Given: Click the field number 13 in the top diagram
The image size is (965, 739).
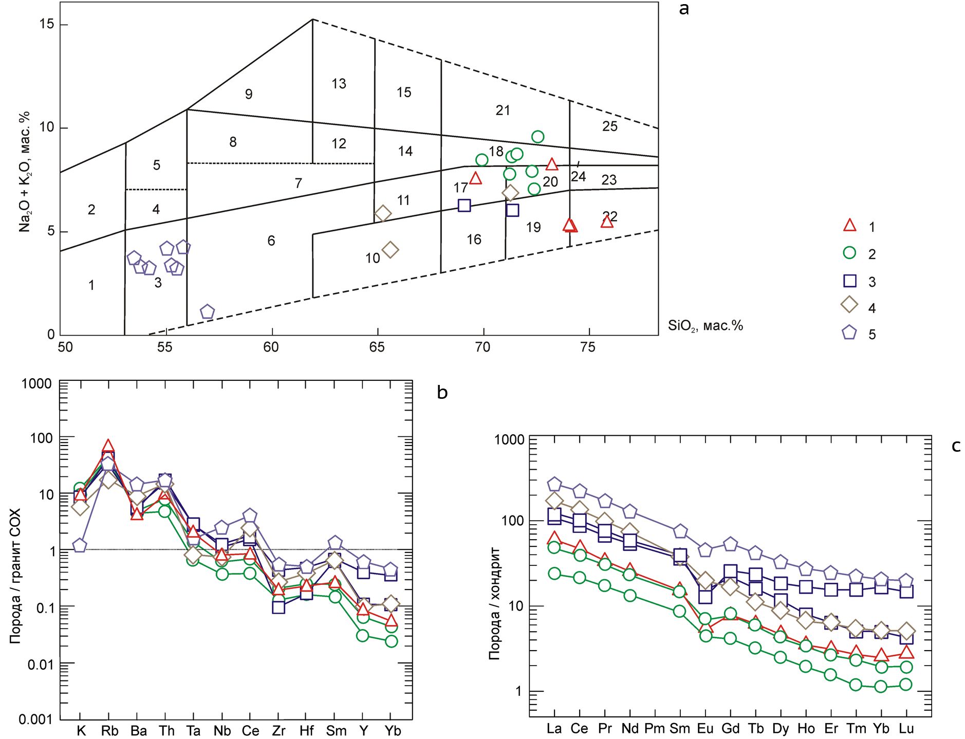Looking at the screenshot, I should (x=339, y=84).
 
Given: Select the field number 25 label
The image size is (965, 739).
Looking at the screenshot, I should (x=610, y=126).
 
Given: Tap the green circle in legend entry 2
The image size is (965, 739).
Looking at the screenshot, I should (x=849, y=253).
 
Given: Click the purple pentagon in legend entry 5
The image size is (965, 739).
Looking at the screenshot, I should (x=849, y=332).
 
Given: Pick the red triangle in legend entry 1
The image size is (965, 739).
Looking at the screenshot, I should (x=850, y=226).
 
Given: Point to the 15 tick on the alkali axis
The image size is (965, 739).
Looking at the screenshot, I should (x=47, y=24).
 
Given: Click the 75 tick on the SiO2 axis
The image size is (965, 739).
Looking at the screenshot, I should (x=588, y=347).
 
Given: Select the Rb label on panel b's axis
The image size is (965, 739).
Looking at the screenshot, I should (x=109, y=730).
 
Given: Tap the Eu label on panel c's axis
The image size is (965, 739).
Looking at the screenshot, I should (x=705, y=728).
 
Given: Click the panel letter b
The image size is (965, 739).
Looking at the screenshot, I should (x=442, y=393).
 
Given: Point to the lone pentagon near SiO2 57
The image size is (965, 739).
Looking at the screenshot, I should (x=207, y=312).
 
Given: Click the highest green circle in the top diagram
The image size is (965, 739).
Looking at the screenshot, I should (x=537, y=137).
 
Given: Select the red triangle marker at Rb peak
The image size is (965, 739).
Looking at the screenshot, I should (x=108, y=446).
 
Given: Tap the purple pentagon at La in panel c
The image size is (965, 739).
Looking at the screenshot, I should (x=554, y=485).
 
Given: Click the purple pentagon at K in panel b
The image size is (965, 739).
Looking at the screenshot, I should (x=80, y=545).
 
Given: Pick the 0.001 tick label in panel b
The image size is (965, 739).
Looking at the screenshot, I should (x=35, y=719).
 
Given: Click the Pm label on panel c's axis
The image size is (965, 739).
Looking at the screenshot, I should (x=654, y=728).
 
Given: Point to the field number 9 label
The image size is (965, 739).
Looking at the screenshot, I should (x=249, y=94).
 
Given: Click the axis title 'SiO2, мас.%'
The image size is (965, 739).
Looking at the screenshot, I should (x=705, y=326).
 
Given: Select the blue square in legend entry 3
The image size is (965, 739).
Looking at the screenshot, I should (x=850, y=281).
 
